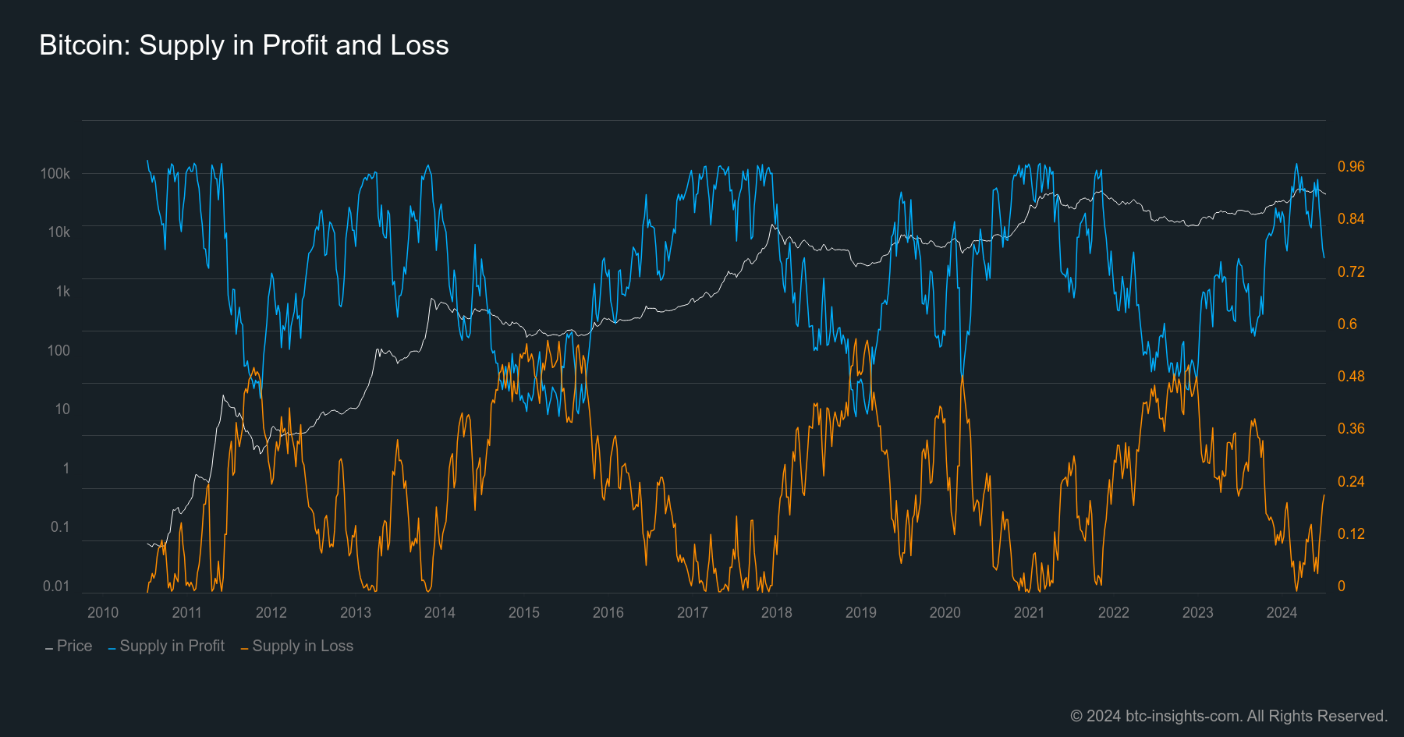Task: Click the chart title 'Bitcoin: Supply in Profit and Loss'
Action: (x=243, y=45)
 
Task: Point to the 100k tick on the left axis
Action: (x=55, y=173)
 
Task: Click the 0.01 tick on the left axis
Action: (x=56, y=586)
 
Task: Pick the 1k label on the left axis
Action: (x=62, y=291)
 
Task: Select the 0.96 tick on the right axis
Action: (x=1351, y=166)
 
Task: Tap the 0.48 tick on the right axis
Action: (x=1351, y=376)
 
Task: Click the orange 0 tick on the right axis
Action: (x=1342, y=586)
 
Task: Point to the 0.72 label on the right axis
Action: (x=1351, y=271)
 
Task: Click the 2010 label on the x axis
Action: (x=103, y=612)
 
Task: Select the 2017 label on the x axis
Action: (x=693, y=612)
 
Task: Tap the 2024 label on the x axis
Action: (x=1282, y=612)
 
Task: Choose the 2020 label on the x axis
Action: (x=945, y=612)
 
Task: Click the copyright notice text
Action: (x=1228, y=715)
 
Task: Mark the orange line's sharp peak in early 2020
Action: (x=963, y=377)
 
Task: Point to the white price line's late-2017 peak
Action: (x=772, y=225)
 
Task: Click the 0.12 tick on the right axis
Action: (x=1351, y=533)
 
